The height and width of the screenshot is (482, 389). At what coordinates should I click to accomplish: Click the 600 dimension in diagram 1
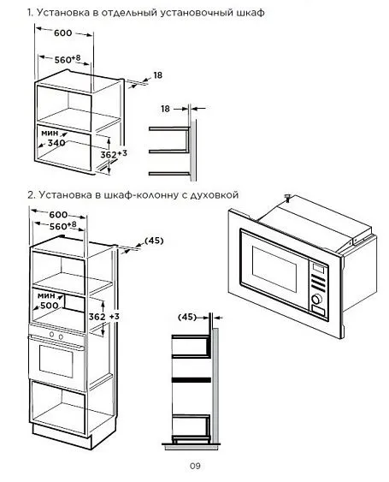click(x=62, y=33)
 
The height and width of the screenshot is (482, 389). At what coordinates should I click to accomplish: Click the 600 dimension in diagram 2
click(x=58, y=214)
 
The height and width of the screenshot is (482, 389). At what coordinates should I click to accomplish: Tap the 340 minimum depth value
click(x=56, y=143)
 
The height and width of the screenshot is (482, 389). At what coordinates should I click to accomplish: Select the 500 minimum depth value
click(x=49, y=305)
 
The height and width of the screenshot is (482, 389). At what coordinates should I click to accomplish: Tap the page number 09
click(x=195, y=466)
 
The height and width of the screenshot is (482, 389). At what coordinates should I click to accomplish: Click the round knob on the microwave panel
click(x=317, y=299)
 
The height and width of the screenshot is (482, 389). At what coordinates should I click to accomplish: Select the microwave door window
click(x=274, y=269)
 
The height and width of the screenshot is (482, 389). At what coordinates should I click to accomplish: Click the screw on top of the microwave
click(x=287, y=198)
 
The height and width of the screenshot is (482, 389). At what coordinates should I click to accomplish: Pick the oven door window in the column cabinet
click(x=56, y=361)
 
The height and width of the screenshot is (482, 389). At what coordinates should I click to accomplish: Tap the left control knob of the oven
click(x=51, y=334)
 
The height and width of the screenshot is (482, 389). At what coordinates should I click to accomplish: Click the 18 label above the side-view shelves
click(x=165, y=109)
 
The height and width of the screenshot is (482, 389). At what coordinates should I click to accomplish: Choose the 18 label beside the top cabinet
click(x=158, y=75)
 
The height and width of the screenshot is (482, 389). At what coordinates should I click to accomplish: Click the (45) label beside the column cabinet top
click(x=154, y=241)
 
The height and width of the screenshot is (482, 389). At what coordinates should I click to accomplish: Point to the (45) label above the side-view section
click(x=187, y=317)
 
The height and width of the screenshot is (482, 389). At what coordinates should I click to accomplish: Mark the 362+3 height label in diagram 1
click(x=114, y=154)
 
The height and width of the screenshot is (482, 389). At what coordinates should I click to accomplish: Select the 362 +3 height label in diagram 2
click(x=103, y=316)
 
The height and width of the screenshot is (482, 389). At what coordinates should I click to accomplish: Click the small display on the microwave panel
click(x=318, y=268)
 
